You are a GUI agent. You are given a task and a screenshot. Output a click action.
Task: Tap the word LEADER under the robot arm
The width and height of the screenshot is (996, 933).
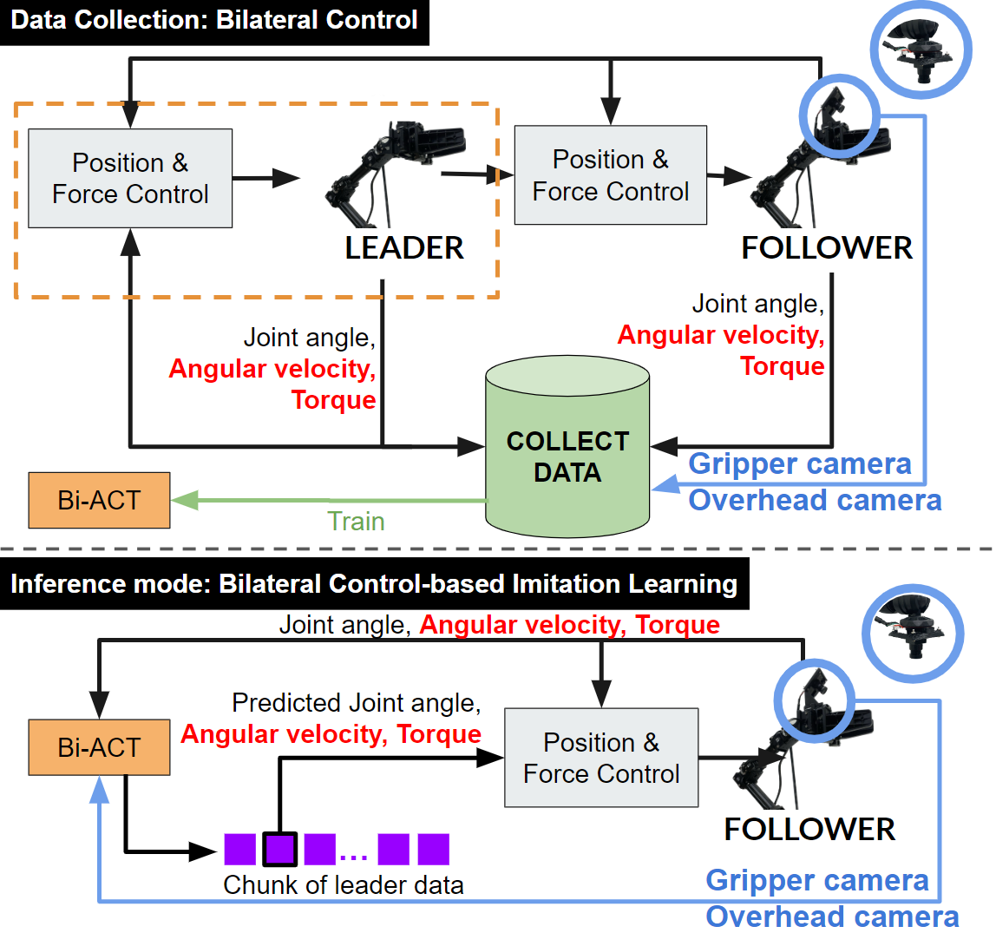pyautogui.click(x=404, y=248)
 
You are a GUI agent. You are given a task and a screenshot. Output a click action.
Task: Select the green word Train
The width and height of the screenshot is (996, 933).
pyautogui.click(x=356, y=521)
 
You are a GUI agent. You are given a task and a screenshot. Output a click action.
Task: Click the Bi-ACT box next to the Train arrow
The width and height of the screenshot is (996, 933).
pyautogui.click(x=99, y=501)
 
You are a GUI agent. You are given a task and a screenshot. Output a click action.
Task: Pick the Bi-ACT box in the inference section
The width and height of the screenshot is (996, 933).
pyautogui.click(x=99, y=747)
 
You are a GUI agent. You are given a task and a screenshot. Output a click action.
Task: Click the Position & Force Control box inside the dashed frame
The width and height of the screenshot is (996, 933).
pyautogui.click(x=130, y=178)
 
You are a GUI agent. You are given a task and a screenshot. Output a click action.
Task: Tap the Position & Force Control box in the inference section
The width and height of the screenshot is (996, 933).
pyautogui.click(x=601, y=758)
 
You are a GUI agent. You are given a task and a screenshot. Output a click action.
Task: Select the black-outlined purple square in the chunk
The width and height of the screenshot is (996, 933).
pyautogui.click(x=280, y=849)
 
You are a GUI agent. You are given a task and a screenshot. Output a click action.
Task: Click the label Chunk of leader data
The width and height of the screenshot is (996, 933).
pyautogui.click(x=344, y=884)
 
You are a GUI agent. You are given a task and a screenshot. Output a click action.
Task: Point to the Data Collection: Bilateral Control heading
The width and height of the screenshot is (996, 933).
pyautogui.click(x=214, y=21)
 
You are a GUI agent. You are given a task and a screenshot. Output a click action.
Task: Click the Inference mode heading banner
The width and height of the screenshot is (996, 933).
pyautogui.click(x=374, y=584)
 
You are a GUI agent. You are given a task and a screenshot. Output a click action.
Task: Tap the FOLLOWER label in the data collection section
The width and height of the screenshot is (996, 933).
pyautogui.click(x=827, y=248)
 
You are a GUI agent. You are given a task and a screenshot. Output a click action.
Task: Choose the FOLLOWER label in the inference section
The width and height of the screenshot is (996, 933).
pyautogui.click(x=809, y=829)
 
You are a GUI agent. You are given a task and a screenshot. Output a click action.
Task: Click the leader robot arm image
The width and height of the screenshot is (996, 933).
pyautogui.click(x=395, y=169)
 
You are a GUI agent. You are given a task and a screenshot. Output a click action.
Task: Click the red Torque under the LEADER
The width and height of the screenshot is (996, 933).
pyautogui.click(x=334, y=400)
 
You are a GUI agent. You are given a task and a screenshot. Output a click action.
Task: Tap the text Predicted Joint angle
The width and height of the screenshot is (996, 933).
pyautogui.click(x=357, y=702)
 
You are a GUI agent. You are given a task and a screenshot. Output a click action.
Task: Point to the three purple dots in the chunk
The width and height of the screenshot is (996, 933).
pyautogui.click(x=354, y=857)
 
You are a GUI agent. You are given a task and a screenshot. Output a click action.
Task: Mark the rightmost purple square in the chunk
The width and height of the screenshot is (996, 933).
pyautogui.click(x=433, y=849)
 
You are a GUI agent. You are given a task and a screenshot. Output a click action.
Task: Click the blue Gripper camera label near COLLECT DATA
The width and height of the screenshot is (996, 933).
pyautogui.click(x=800, y=464)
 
